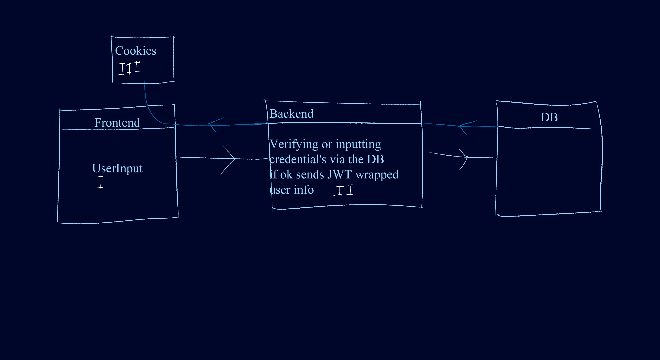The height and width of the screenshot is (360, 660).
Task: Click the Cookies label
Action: (x=135, y=51)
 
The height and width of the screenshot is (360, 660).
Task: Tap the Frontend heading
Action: (x=117, y=123)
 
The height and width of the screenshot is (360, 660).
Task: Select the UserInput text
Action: (x=117, y=168)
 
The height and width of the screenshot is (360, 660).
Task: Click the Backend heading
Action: (x=291, y=114)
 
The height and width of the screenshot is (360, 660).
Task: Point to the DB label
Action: (x=549, y=117)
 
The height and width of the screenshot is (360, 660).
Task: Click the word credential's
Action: (x=298, y=159)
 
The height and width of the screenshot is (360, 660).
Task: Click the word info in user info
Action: (x=304, y=190)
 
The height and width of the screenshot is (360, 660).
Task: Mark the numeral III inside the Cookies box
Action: (x=129, y=68)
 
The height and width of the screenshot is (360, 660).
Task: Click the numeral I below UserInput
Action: (x=100, y=182)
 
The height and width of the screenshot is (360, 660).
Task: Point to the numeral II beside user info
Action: (x=344, y=190)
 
